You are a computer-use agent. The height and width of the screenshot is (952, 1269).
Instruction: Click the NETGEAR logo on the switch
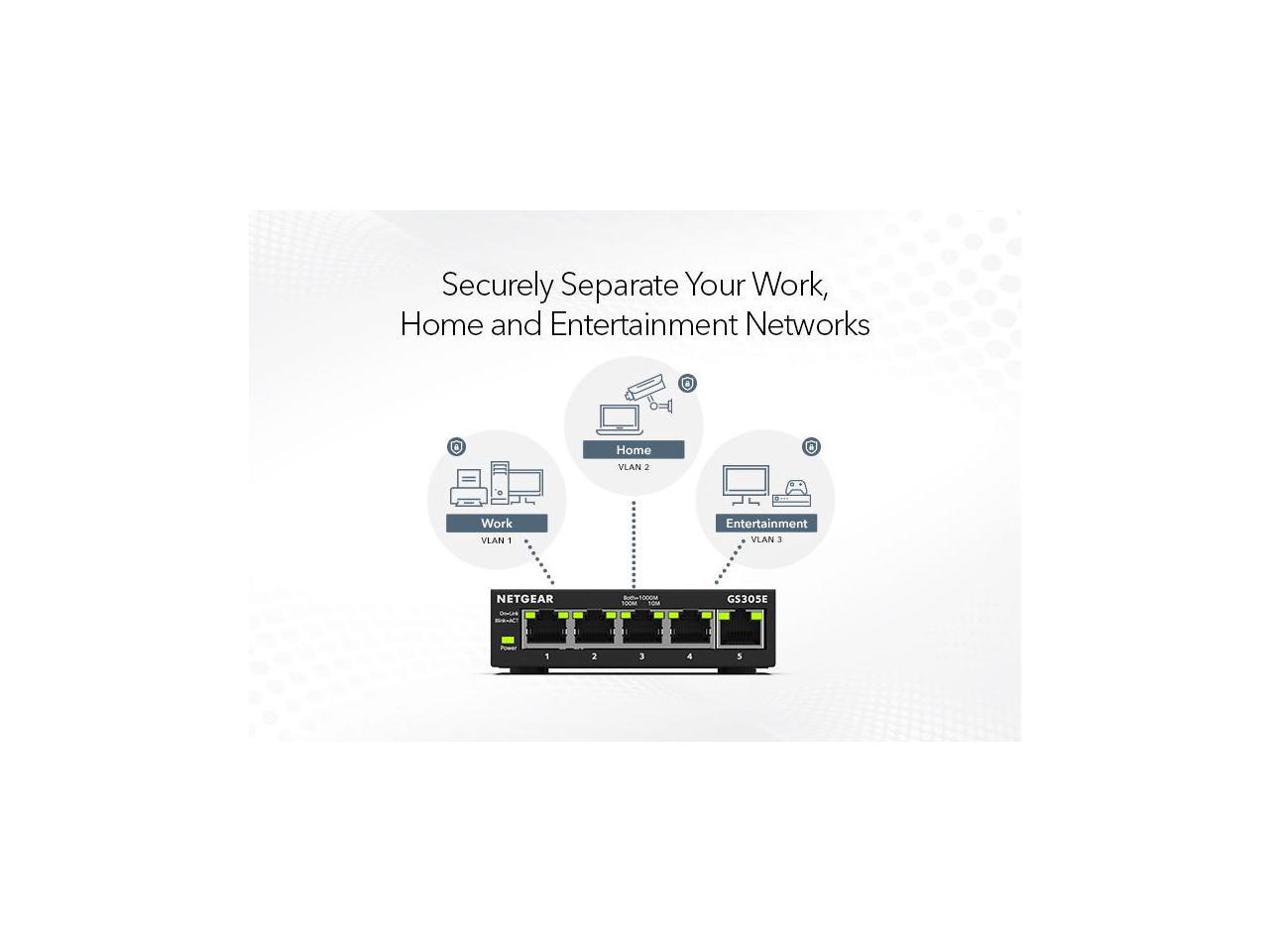pos(525,599)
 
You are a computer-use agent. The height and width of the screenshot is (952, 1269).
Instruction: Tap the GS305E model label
pos(747,599)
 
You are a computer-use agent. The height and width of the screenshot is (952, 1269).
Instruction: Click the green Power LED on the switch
pos(509,640)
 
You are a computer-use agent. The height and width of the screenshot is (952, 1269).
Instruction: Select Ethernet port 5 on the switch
pos(740,629)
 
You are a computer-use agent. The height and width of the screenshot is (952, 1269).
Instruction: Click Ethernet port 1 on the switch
pos(546,629)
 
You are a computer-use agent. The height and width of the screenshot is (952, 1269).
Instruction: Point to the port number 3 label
pos(641,656)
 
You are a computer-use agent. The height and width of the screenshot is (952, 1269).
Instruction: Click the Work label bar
pos(497,524)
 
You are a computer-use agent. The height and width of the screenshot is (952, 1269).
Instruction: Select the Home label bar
pos(634,450)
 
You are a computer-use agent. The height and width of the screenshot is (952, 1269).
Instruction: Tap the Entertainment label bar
pos(766,524)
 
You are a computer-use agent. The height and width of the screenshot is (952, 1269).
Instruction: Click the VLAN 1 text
pos(497,540)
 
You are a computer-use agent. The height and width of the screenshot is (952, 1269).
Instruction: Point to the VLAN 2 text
pos(634,467)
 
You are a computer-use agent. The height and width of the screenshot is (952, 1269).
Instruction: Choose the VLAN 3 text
pos(766,539)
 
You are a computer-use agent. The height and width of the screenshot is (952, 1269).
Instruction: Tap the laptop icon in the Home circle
pos(616,419)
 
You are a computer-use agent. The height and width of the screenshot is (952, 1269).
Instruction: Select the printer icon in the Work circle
pos(468,487)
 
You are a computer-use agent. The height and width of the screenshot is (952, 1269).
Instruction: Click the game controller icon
pos(797,488)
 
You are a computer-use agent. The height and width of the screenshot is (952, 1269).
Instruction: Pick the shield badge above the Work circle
pos(456,447)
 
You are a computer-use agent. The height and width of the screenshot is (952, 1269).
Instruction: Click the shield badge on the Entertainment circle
pos(811,447)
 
